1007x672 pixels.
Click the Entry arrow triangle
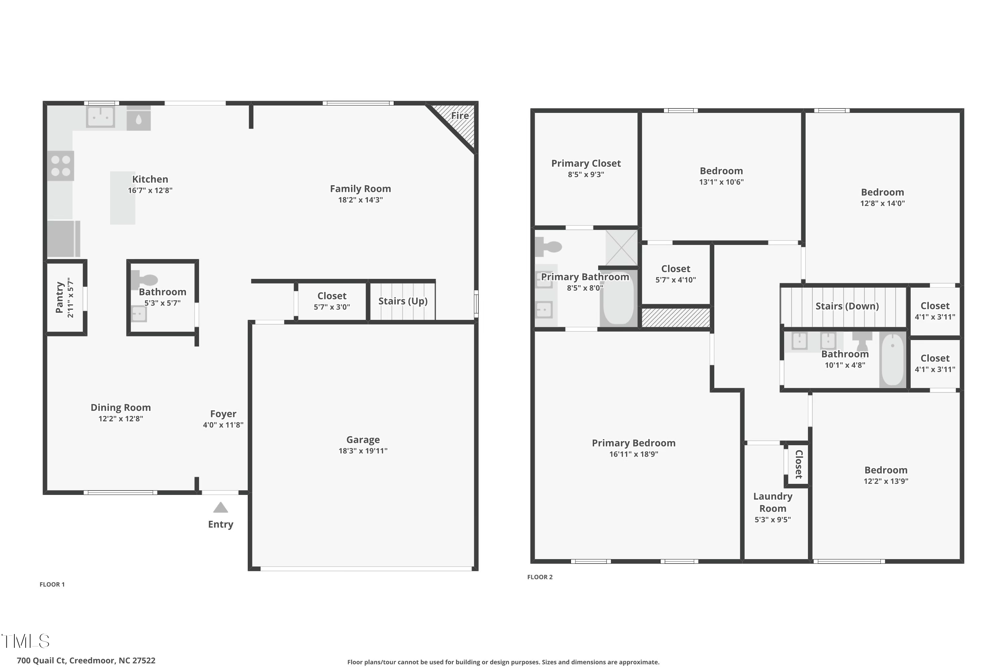click(x=221, y=508)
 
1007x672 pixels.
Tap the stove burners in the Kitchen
click(x=60, y=166)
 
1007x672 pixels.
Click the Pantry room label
click(x=59, y=297)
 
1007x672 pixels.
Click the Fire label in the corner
click(x=460, y=116)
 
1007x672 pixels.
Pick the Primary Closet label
click(x=586, y=163)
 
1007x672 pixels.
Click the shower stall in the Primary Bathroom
click(x=621, y=248)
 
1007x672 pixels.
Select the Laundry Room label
click(x=772, y=502)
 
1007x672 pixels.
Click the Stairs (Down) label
click(x=847, y=306)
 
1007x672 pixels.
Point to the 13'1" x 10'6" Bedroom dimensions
click(x=721, y=182)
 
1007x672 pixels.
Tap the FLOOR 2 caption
click(x=539, y=577)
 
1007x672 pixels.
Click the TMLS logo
click(x=26, y=641)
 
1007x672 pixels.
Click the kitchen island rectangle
click(x=123, y=198)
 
